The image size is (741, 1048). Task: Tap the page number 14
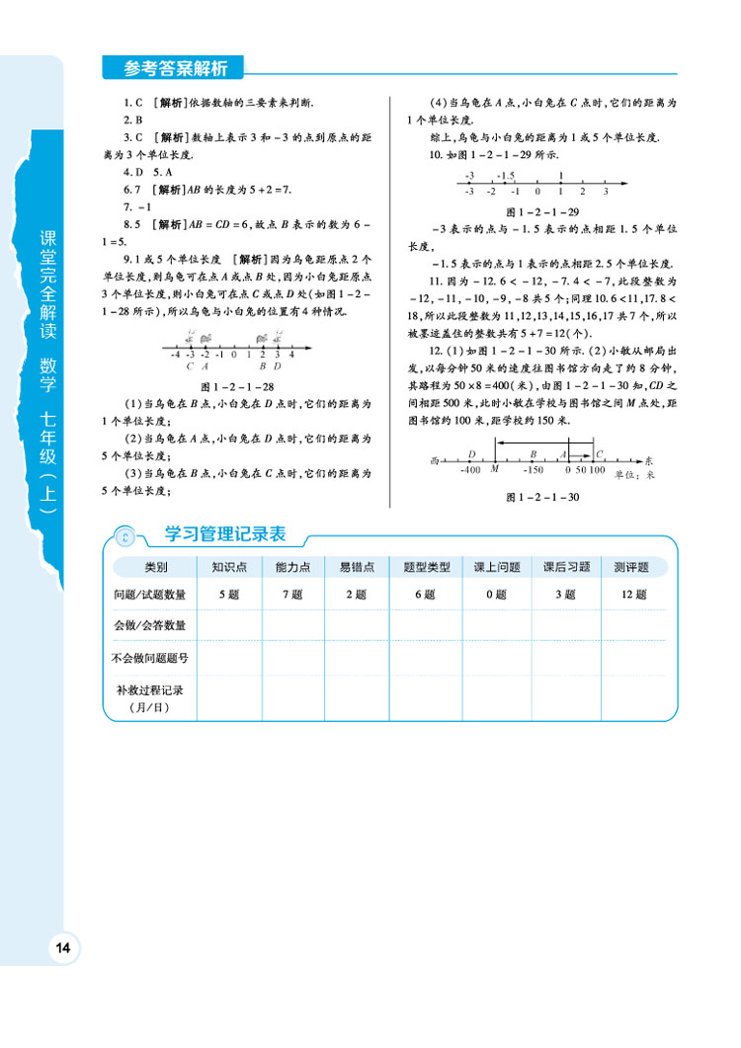[63, 948]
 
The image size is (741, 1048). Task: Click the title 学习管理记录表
[224, 534]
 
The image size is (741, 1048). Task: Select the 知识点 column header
[229, 567]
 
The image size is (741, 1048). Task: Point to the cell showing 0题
[497, 595]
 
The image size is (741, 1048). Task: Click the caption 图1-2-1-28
[237, 387]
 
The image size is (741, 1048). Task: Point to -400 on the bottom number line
[470, 470]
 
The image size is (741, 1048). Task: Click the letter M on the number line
[495, 470]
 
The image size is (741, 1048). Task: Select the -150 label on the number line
[535, 470]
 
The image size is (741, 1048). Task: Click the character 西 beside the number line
[434, 460]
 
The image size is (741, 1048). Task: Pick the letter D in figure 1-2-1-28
[278, 365]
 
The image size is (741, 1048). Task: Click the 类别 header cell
[156, 567]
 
